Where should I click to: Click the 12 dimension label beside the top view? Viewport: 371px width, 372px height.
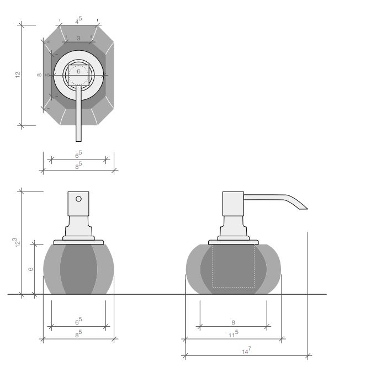click(x=18, y=75)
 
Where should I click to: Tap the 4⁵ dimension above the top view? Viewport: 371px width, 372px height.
click(x=78, y=20)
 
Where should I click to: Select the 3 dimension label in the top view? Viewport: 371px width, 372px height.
click(x=78, y=38)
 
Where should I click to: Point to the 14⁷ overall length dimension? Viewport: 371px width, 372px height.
click(x=247, y=350)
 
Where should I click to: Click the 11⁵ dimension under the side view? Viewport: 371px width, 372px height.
click(x=234, y=334)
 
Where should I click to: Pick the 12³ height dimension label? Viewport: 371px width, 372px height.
click(x=17, y=242)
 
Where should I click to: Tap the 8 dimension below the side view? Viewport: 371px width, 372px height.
click(x=233, y=322)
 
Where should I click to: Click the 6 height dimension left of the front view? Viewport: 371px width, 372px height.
click(x=30, y=269)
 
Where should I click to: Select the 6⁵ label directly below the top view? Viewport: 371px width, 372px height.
click(x=78, y=155)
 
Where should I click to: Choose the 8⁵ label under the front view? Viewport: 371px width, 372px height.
click(x=78, y=334)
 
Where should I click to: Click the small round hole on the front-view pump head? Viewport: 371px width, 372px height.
click(x=78, y=199)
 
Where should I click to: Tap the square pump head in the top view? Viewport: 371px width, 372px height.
click(x=78, y=75)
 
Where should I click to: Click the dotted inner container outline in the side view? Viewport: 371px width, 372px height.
click(x=234, y=266)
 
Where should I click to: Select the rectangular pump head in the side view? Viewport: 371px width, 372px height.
click(x=233, y=204)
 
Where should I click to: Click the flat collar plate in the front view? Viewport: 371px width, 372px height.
click(x=78, y=242)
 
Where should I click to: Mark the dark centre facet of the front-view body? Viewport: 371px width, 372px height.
click(x=78, y=269)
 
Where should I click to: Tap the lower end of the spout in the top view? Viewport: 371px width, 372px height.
click(x=78, y=141)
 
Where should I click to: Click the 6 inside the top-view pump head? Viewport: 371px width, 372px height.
click(x=78, y=71)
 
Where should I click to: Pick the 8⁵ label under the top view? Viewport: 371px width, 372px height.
click(x=78, y=166)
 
